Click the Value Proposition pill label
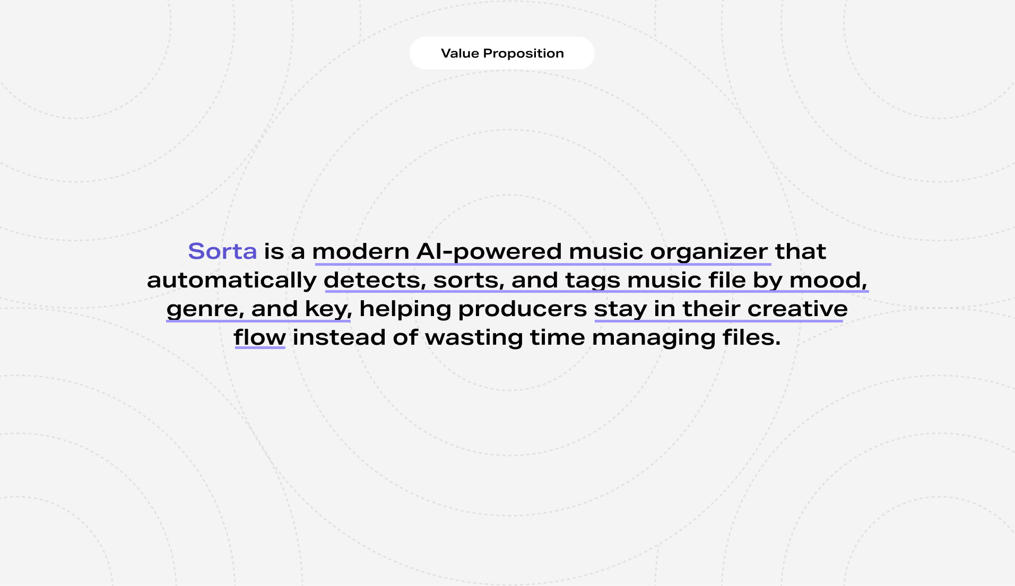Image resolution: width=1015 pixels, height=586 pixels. [502, 53]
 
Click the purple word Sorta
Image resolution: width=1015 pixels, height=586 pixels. [222, 251]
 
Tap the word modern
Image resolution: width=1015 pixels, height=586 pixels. [361, 251]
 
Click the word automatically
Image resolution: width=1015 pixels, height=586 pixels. [232, 281]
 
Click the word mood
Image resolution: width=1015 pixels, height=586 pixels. [828, 280]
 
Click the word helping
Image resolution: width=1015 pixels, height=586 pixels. [405, 309]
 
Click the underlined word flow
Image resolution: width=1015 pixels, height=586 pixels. [260, 337]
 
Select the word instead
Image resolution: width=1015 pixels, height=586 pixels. [339, 337]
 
